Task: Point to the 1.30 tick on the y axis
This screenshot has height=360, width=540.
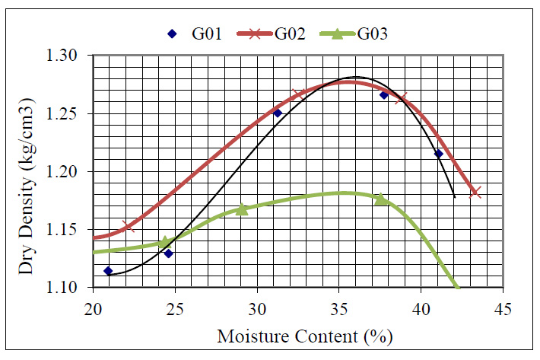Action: tap(71, 56)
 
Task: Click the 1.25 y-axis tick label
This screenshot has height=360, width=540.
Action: tap(71, 114)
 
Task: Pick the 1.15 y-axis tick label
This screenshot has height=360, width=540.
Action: tap(71, 230)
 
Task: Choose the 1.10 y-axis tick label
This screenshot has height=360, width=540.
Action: tap(71, 288)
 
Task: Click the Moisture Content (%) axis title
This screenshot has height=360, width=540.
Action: tap(299, 335)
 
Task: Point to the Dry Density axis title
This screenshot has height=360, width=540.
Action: tap(30, 172)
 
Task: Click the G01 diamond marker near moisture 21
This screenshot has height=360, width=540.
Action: tap(108, 271)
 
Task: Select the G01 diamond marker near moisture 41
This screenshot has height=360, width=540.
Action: tap(439, 154)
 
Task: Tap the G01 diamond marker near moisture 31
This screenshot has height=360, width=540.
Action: tap(278, 113)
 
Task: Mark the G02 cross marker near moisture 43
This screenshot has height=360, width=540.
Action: tap(476, 192)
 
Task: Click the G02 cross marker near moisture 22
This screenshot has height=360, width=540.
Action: tap(128, 225)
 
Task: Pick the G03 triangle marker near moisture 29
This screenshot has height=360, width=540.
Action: tap(242, 209)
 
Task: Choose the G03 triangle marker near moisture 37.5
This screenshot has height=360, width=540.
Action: tap(380, 199)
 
